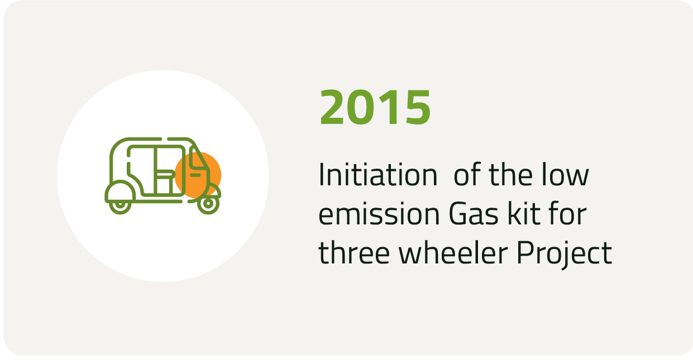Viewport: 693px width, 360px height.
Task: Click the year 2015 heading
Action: tap(375, 107)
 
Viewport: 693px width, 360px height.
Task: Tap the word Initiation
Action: tap(378, 175)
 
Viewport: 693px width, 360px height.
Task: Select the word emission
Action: tap(379, 214)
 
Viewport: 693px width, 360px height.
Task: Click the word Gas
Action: tap(474, 214)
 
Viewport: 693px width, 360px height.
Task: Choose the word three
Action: tap(354, 252)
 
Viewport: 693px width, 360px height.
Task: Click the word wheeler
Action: tap(453, 252)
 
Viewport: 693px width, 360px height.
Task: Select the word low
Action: tap(565, 174)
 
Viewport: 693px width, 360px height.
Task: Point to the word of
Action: tap(467, 174)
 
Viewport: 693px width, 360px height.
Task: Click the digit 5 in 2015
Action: tap(418, 107)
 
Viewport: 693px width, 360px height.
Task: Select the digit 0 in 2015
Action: tap(361, 107)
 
